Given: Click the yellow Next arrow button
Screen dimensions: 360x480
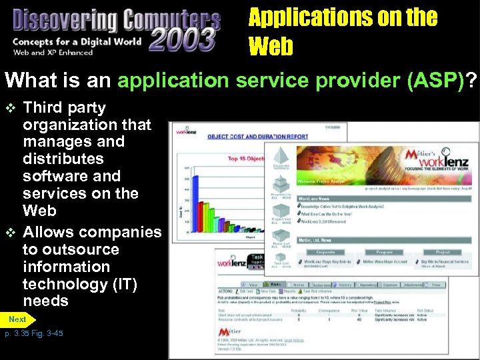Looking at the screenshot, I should (x=17, y=320).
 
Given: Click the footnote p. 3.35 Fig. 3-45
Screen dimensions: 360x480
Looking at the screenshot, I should (x=33, y=333).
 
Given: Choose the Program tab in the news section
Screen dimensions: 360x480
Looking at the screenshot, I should (x=383, y=253).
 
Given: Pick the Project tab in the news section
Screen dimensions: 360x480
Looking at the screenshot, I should (x=443, y=253).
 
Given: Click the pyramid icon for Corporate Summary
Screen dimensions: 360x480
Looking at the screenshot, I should (x=281, y=155).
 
